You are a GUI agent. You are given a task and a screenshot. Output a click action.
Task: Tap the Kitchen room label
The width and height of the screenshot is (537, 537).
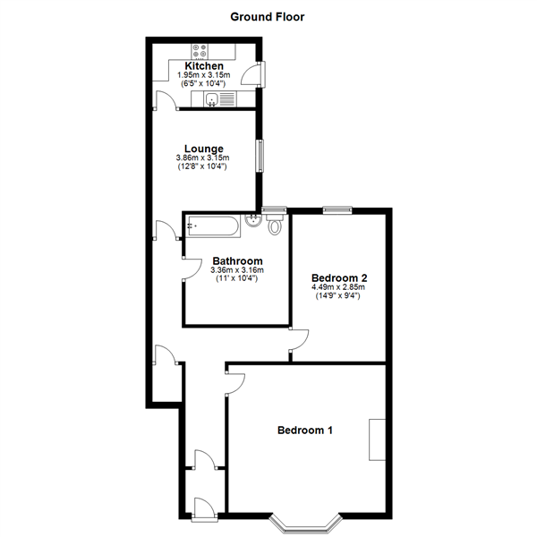[204, 66]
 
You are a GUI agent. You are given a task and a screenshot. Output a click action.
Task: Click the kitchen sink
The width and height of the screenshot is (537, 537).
[213, 99]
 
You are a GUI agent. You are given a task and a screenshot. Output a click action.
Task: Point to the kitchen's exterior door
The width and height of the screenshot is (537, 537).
[259, 75]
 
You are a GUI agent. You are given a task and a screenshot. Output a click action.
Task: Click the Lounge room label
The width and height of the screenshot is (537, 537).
[203, 149]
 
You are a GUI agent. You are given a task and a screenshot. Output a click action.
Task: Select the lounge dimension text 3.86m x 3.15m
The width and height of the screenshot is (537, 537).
[203, 158]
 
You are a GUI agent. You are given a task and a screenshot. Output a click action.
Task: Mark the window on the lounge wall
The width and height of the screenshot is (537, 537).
[260, 156]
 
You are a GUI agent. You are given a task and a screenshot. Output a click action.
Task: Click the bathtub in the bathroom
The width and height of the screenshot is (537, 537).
[212, 226]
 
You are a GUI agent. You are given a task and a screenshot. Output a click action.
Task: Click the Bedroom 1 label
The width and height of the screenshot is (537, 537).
[304, 430]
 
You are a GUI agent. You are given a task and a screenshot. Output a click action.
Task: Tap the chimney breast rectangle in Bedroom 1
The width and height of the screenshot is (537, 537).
[377, 439]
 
